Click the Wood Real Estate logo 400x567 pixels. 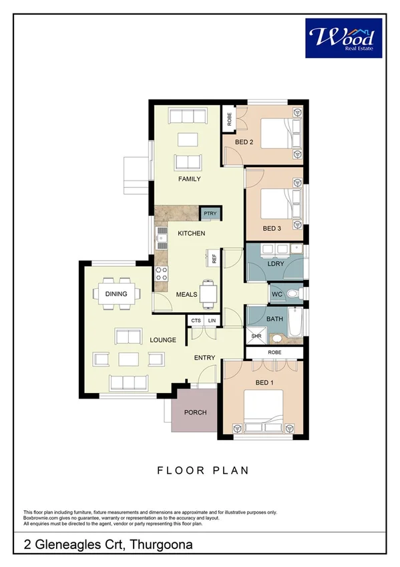pos(344,37)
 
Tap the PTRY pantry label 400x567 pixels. pos(211,214)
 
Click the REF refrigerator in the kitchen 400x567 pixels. pos(214,259)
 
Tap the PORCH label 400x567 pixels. pos(196,412)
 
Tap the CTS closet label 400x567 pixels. pos(196,322)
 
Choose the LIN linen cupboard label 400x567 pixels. pos(212,322)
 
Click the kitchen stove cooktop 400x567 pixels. pos(160,273)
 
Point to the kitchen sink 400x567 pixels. pos(160,235)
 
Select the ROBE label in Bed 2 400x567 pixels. pos(229,120)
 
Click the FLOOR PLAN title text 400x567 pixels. pos(203,471)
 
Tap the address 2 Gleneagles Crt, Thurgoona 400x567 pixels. pos(108,545)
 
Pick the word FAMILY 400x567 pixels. pos(189,179)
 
